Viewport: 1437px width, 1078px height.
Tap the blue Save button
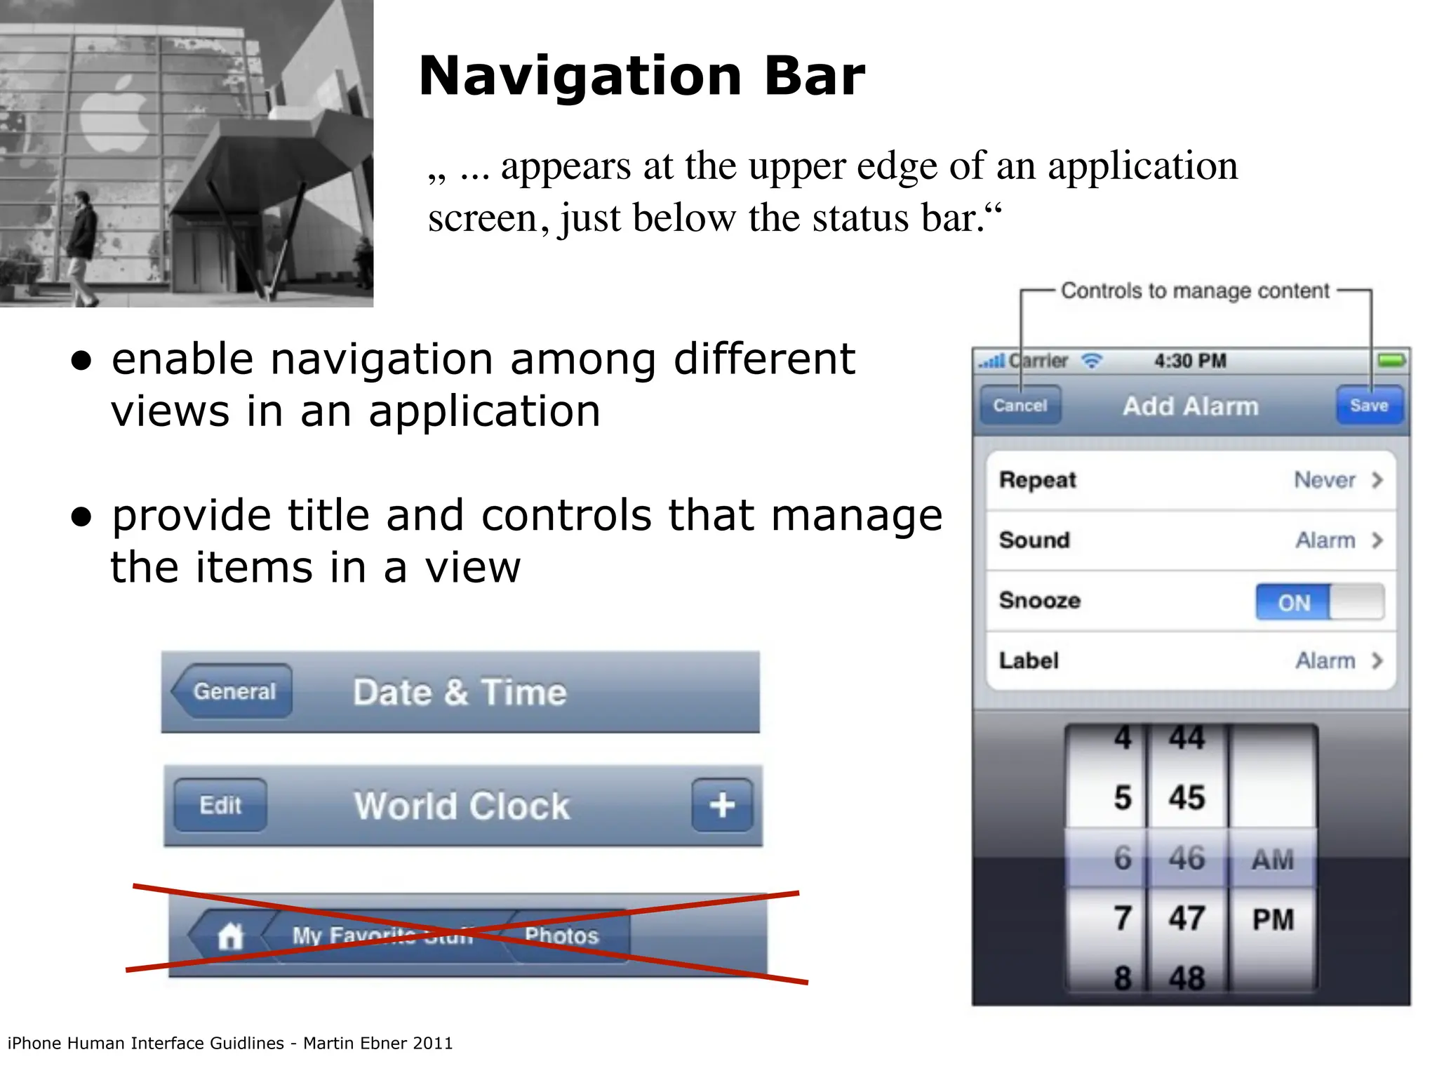(1369, 406)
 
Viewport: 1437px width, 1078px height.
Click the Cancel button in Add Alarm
(1020, 406)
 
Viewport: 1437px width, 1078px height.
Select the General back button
(233, 691)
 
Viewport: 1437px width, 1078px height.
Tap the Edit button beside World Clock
(220, 805)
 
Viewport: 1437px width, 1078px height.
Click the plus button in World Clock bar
(722, 805)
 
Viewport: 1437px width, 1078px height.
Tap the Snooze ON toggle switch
(1319, 602)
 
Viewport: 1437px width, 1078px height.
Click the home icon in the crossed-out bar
(230, 936)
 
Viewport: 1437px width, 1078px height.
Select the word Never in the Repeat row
(1324, 480)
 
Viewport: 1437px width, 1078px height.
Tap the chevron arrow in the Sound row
(1377, 540)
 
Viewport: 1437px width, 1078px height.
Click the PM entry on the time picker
(1273, 919)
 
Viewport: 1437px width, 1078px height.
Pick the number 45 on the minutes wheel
(1187, 798)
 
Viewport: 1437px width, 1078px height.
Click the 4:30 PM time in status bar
(1190, 361)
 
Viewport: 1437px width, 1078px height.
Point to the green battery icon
(1391, 361)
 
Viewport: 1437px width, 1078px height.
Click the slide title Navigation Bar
(641, 76)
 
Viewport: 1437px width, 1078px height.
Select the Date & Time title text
(460, 693)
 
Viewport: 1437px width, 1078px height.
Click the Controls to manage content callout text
(1194, 291)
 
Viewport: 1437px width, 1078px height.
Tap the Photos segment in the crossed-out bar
(561, 936)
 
